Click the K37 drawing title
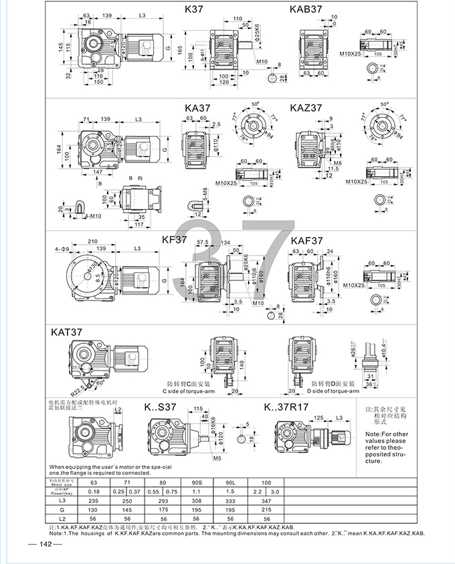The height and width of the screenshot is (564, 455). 197,10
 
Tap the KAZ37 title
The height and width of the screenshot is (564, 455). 306,106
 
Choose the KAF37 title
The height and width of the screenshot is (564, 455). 307,240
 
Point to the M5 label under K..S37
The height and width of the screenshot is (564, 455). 215,460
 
